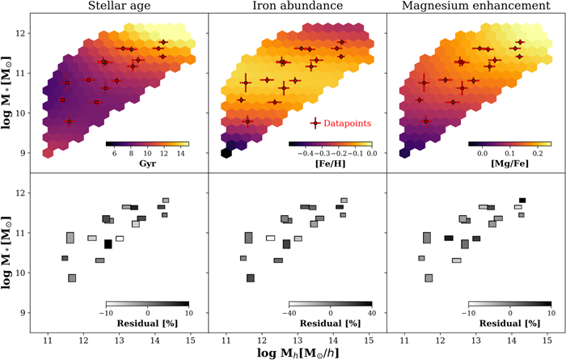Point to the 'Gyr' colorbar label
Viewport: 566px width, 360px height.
tap(147, 160)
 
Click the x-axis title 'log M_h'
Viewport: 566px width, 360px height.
tap(297, 351)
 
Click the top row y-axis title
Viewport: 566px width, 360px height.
tap(6, 93)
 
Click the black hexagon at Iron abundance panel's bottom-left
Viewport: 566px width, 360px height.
tap(228, 152)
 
